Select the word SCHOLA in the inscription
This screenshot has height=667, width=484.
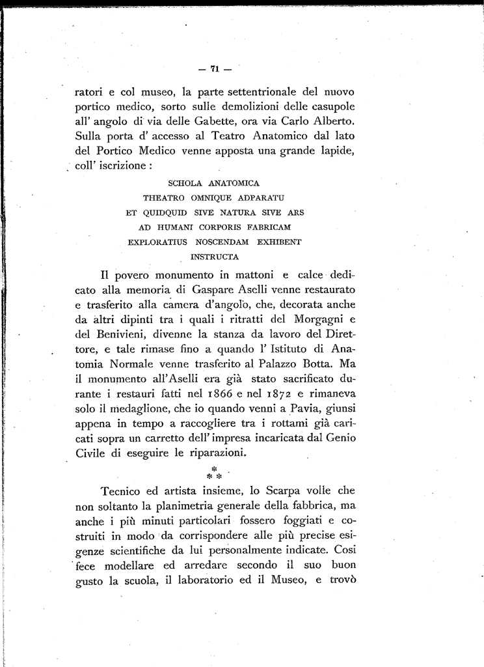[185, 184]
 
